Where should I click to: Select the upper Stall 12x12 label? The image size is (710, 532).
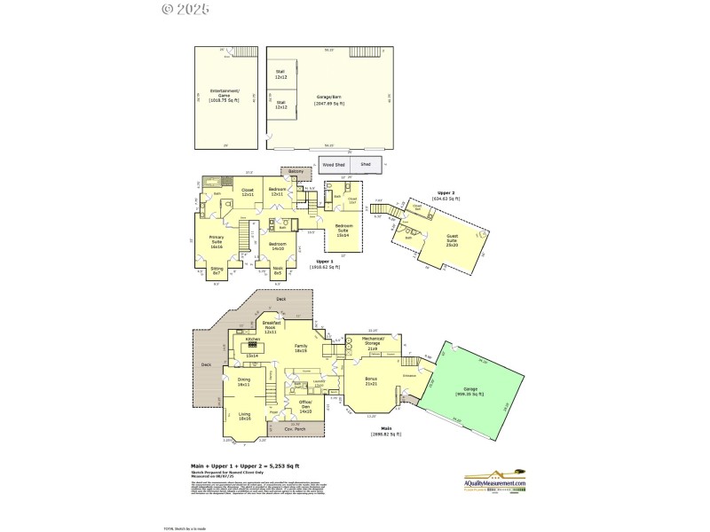click(x=280, y=75)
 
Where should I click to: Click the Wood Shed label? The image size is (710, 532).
click(x=334, y=165)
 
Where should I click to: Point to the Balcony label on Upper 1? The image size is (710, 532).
click(x=296, y=172)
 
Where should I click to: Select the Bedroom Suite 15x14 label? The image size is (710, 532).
click(x=343, y=229)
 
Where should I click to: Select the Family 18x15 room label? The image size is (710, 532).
click(x=300, y=348)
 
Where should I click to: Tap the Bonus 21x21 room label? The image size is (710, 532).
click(x=371, y=381)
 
